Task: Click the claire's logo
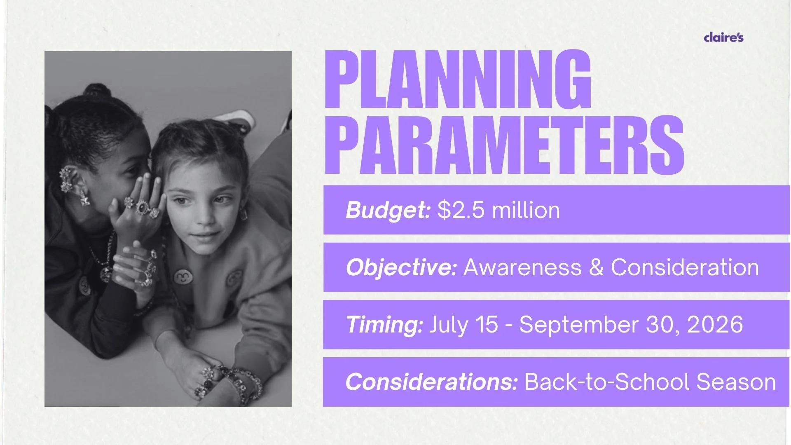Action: (x=724, y=37)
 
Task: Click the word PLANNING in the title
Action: (x=458, y=79)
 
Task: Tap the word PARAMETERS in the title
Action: (x=504, y=145)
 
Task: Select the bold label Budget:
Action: (x=388, y=210)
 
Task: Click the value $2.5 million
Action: (x=498, y=210)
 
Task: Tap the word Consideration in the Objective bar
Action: (x=685, y=267)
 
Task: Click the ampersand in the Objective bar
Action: (x=596, y=267)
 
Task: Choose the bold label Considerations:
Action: (x=431, y=382)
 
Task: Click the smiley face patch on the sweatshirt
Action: (x=181, y=276)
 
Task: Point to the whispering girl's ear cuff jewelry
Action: (x=66, y=180)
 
